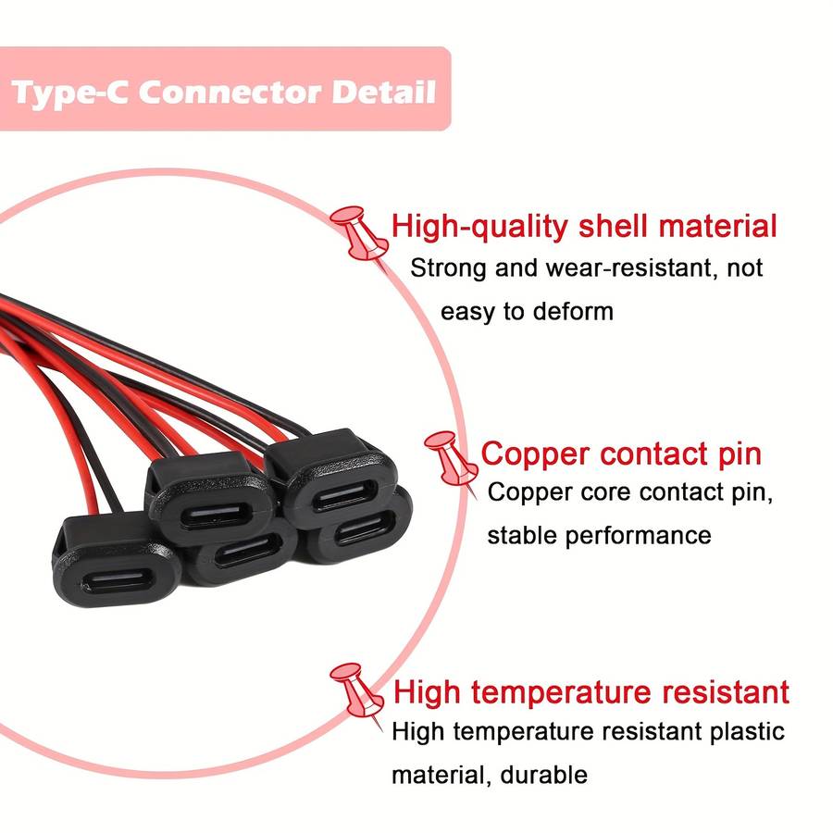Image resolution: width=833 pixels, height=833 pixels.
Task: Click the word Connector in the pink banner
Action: click(229, 92)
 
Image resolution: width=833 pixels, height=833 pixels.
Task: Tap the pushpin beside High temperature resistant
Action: click(357, 692)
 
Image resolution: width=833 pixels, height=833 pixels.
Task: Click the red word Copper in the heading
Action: click(535, 455)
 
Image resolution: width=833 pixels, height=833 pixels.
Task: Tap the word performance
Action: click(638, 536)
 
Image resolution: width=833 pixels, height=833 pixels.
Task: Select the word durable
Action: click(544, 775)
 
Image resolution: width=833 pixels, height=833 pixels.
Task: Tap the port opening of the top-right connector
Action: click(346, 496)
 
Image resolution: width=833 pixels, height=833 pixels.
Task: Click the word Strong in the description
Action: click(448, 268)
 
